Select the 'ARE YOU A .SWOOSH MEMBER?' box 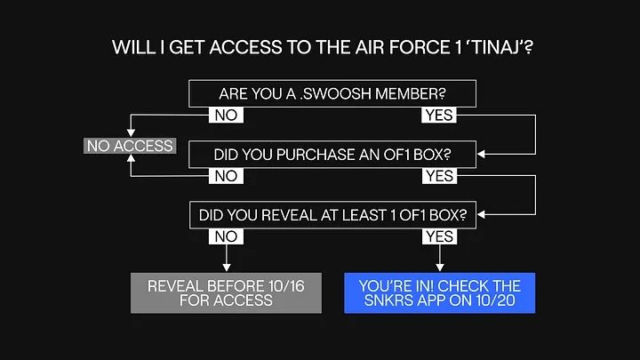coord(332,93)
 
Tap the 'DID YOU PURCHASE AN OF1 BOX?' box coord(332,155)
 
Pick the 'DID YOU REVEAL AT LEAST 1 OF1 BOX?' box coord(332,214)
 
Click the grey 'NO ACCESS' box coord(130,145)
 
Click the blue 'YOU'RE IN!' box coord(440,292)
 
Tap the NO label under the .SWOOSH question coord(226,115)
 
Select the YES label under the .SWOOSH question coord(438,115)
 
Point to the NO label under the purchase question coord(226,176)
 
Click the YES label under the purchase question coord(438,176)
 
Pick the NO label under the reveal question coord(226,236)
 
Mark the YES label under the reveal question coord(438,236)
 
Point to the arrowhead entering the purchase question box coord(481,155)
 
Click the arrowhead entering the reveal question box coord(481,214)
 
